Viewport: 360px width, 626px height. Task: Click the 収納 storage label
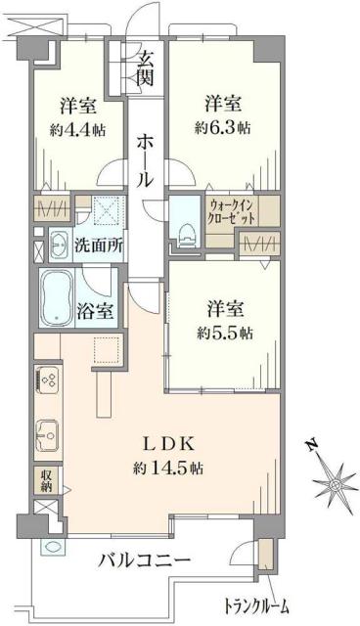tap(45, 478)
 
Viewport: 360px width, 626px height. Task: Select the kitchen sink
tap(45, 430)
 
